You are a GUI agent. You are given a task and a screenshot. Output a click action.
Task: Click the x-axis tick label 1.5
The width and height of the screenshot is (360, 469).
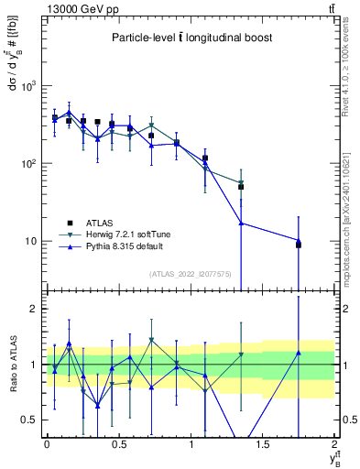(x=263, y=444)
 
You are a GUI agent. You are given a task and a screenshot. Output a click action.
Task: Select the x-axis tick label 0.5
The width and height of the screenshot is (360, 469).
(x=118, y=444)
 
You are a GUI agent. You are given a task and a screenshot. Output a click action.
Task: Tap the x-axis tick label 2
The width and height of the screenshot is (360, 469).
(x=335, y=444)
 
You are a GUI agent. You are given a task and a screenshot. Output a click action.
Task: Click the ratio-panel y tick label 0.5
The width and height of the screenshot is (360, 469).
(x=31, y=420)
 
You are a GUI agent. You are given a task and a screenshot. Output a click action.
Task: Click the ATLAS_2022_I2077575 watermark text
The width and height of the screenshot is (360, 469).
(x=191, y=273)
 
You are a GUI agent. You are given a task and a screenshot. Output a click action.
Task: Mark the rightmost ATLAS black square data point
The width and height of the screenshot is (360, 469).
(x=299, y=245)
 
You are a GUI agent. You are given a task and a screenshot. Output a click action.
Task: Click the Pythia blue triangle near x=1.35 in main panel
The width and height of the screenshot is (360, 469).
(x=241, y=223)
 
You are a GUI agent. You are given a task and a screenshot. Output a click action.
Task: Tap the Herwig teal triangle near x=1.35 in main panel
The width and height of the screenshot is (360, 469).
(x=241, y=182)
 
